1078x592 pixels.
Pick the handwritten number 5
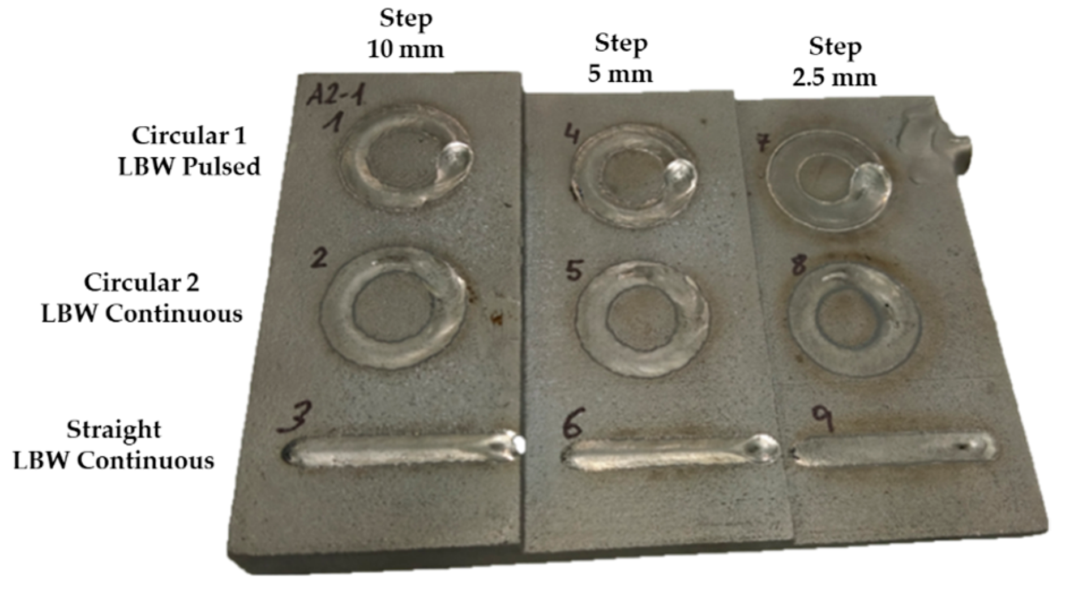[x=574, y=270]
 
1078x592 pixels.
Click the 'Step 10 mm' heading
[x=406, y=33]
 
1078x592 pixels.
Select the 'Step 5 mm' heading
[x=621, y=58]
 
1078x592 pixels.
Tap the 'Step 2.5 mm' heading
[x=835, y=62]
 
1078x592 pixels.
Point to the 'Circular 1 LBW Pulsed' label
[x=189, y=151]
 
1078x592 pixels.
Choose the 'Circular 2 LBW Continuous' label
[x=142, y=298]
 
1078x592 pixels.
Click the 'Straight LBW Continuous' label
[x=114, y=445]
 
